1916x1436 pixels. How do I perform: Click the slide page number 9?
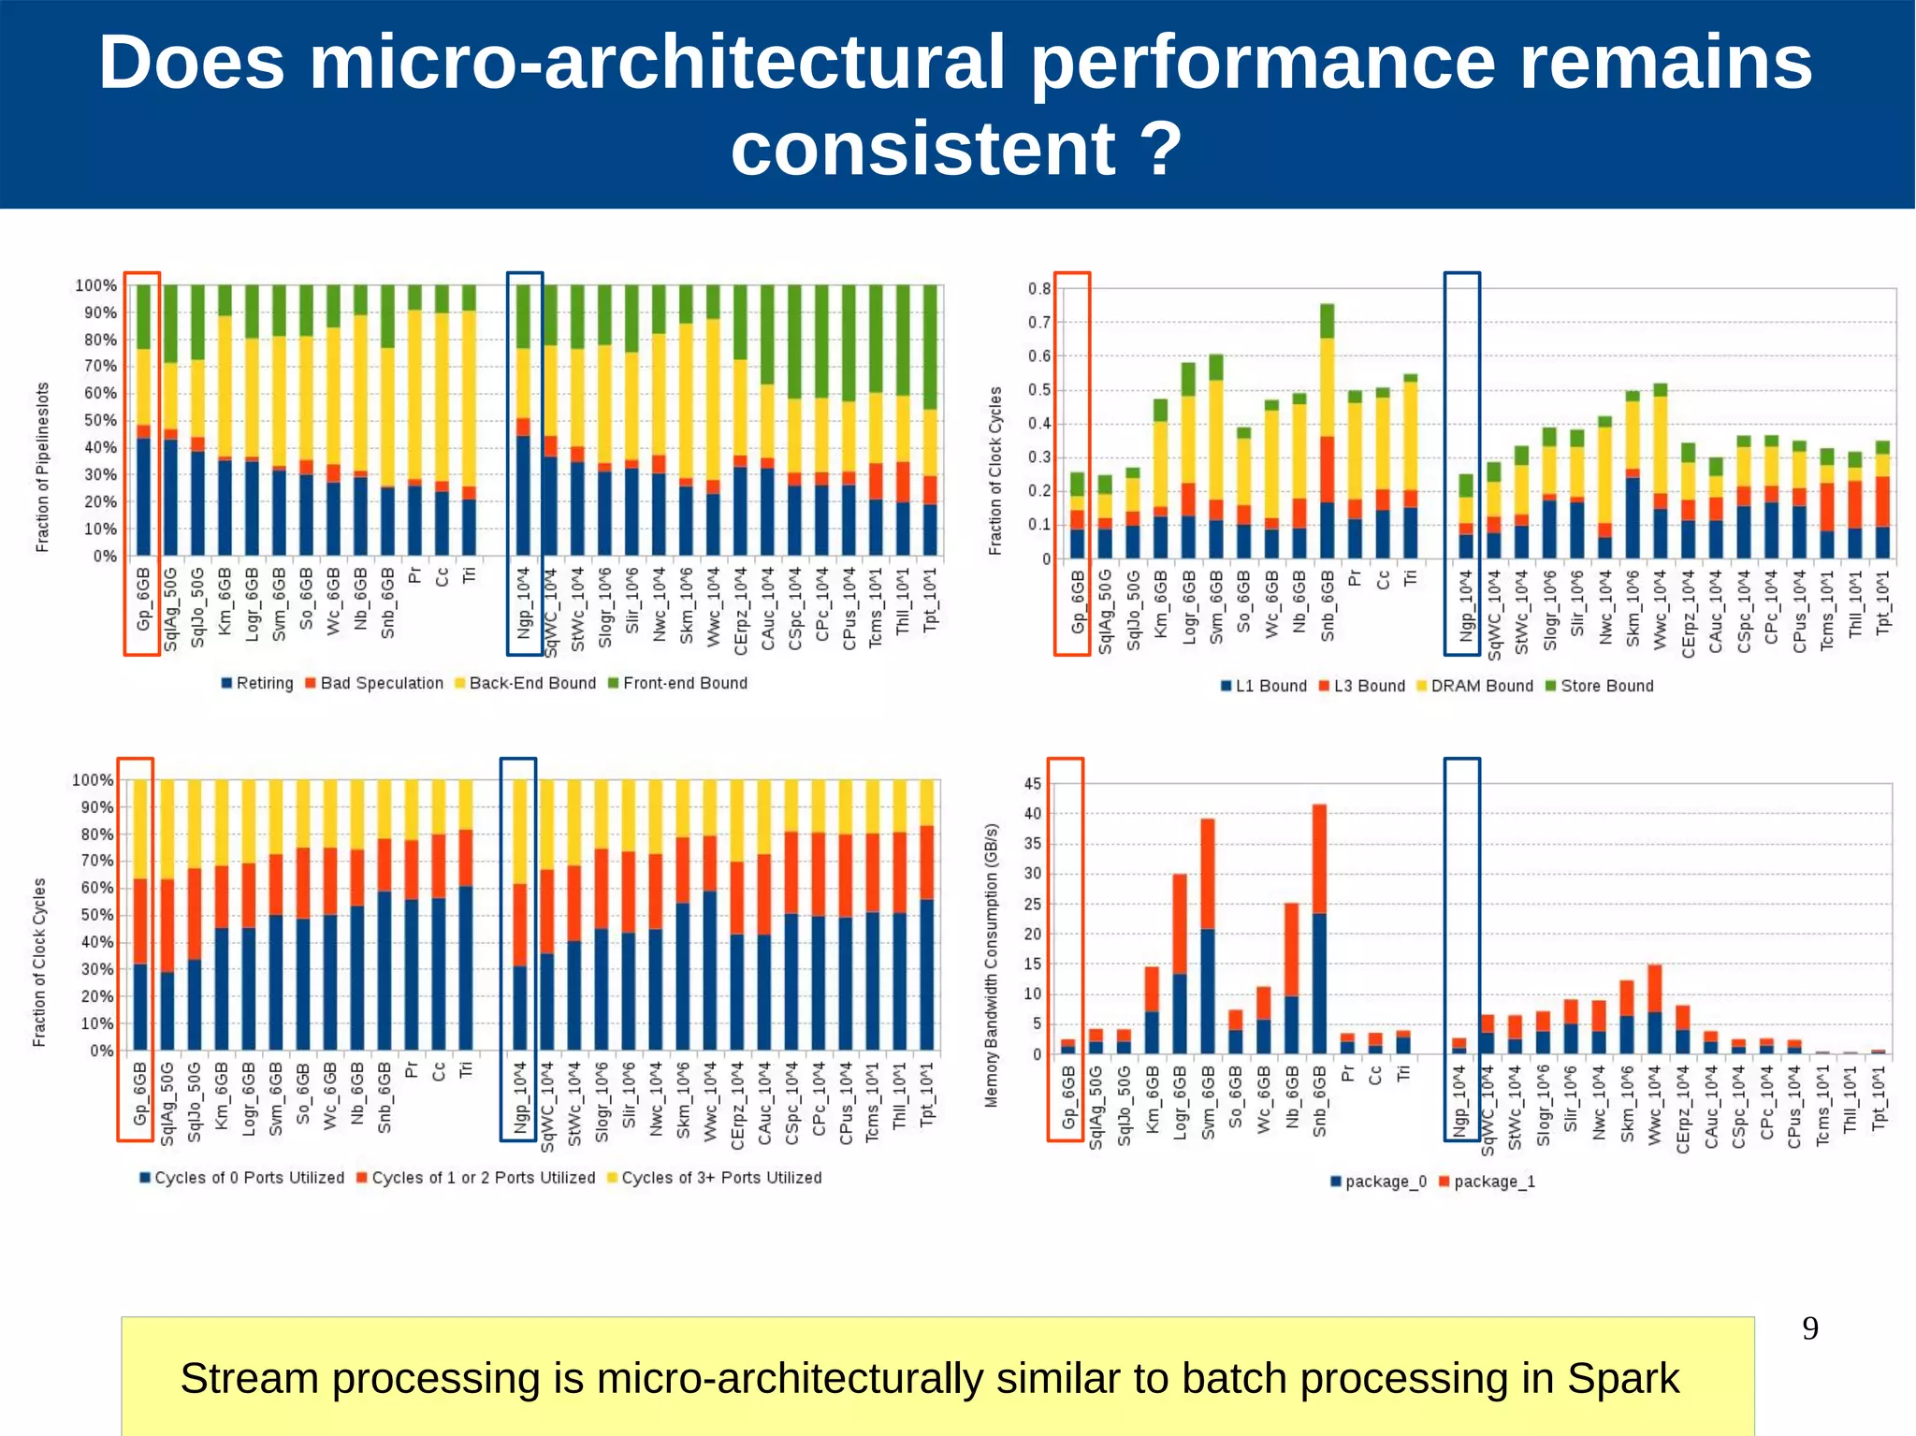click(1810, 1328)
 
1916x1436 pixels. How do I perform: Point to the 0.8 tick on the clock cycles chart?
click(1039, 288)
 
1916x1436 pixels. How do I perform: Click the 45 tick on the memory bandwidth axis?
click(1032, 784)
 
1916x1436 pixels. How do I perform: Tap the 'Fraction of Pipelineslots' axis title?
click(42, 467)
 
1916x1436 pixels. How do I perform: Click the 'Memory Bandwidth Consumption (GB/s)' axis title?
click(992, 965)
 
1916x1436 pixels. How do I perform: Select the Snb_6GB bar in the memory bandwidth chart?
click(1319, 929)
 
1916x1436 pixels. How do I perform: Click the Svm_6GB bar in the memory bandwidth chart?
click(1208, 936)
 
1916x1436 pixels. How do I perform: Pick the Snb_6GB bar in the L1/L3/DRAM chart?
click(1327, 431)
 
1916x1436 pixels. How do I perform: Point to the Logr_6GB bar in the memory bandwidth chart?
click(1180, 964)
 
